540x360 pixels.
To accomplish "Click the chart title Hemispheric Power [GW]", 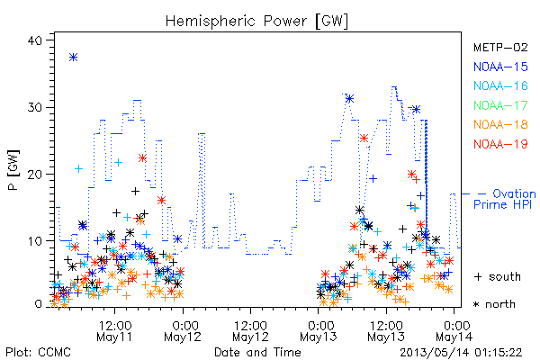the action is point(256,21).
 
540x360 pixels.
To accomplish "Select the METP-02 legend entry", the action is point(500,47).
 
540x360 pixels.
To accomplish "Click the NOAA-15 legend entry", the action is point(500,67).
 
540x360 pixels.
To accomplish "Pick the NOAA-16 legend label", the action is point(500,85).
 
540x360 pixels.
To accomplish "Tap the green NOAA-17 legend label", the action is point(500,105).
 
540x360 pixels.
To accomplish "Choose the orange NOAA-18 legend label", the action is point(500,124).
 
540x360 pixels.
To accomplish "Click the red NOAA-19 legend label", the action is point(500,144).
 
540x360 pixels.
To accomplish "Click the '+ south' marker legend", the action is point(498,276).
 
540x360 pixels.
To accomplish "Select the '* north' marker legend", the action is point(494,304).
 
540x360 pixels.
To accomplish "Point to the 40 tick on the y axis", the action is point(34,40).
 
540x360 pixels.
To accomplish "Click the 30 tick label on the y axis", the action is point(34,107).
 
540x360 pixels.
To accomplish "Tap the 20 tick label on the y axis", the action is point(34,175).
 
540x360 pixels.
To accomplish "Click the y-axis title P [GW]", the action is point(13,170).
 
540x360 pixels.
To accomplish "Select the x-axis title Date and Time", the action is point(257,352).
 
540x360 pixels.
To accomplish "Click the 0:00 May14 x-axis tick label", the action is point(454,331).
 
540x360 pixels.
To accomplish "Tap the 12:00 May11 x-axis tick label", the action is point(114,331).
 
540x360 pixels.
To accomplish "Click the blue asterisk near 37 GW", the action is point(73,58).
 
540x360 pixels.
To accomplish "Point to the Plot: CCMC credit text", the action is point(38,352).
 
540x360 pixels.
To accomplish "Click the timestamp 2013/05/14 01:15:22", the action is point(461,353).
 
